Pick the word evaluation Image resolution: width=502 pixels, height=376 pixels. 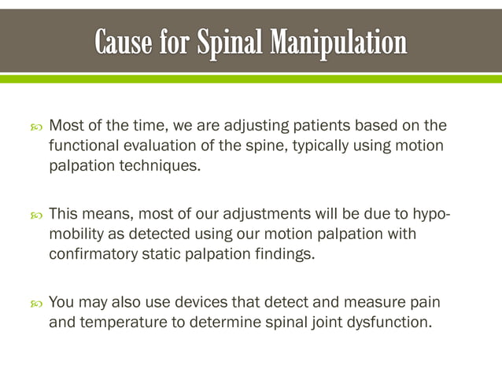[155, 146]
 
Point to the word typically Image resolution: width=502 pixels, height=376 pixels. [324, 146]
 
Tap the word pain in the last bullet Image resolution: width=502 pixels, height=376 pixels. [423, 302]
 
